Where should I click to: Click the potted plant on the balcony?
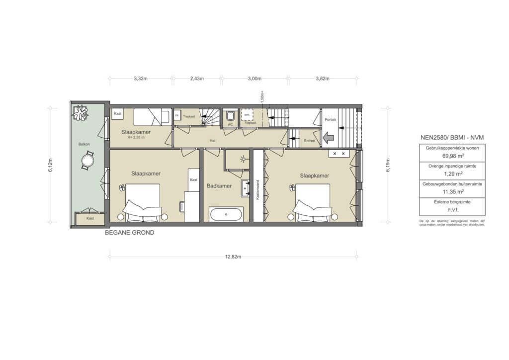point(80,114)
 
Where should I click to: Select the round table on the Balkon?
point(87,162)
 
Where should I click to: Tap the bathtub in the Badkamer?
point(226,214)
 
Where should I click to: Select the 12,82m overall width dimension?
point(233,257)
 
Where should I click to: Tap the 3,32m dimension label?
point(140,79)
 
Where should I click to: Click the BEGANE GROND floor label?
point(129,232)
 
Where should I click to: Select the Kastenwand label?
point(257,189)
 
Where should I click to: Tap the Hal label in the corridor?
point(212,141)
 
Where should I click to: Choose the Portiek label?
point(330,120)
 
